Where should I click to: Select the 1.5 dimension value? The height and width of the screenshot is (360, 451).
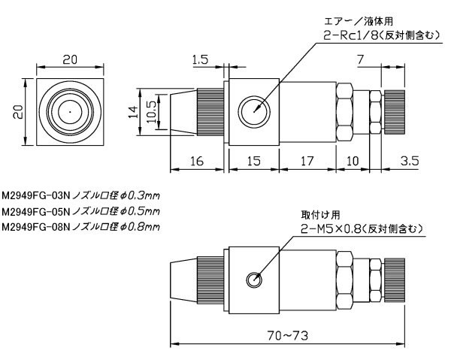point(199,59)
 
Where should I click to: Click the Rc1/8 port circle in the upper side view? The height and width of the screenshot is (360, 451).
point(253,110)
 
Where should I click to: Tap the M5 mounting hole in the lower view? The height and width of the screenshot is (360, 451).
point(253,280)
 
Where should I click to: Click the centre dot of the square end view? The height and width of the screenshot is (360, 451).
point(69,110)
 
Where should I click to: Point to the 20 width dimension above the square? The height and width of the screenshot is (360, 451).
point(69,59)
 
